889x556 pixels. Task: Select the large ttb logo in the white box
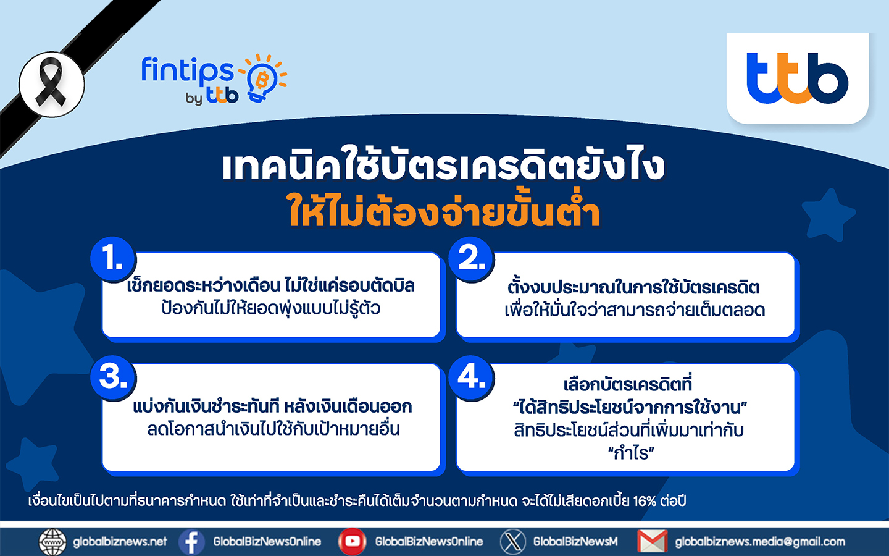pyautogui.click(x=798, y=78)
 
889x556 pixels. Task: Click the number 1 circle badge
pyautogui.click(x=113, y=259)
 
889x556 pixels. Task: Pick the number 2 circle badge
pyautogui.click(x=472, y=259)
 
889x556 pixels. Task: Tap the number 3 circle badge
pyautogui.click(x=113, y=377)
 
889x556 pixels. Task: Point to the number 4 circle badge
pyautogui.click(x=472, y=377)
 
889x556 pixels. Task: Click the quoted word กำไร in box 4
pyautogui.click(x=631, y=453)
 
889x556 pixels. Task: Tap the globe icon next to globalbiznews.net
pyautogui.click(x=52, y=542)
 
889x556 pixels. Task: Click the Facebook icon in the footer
pyautogui.click(x=191, y=542)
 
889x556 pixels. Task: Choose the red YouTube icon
pyautogui.click(x=353, y=542)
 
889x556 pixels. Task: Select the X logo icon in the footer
pyautogui.click(x=513, y=542)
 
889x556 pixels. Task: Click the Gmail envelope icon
pyautogui.click(x=653, y=542)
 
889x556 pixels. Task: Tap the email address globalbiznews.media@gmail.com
pyautogui.click(x=760, y=542)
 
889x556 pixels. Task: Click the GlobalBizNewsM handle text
pyautogui.click(x=575, y=542)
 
